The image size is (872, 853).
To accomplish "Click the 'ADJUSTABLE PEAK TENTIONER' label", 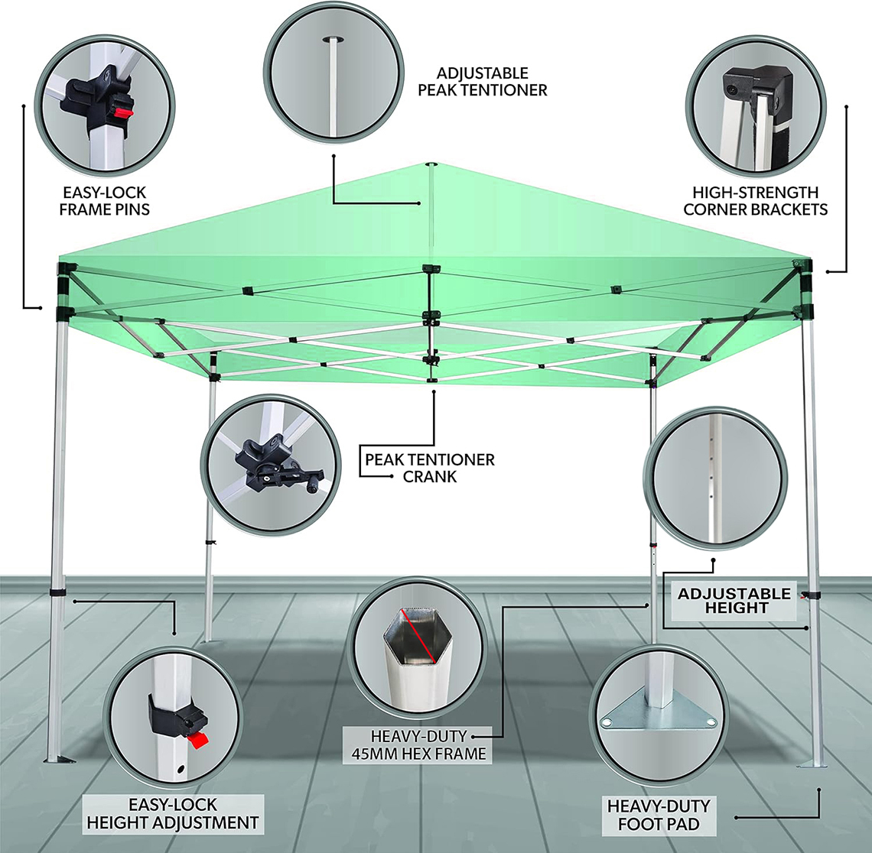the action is pyautogui.click(x=482, y=82).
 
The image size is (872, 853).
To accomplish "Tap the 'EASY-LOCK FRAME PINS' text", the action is pyautogui.click(x=105, y=200).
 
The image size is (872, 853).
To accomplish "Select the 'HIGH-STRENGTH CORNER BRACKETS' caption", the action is pyautogui.click(x=755, y=200).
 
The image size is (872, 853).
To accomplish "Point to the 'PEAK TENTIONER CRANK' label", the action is pyautogui.click(x=429, y=468).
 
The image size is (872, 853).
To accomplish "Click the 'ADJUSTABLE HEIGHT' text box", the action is pyautogui.click(x=734, y=601).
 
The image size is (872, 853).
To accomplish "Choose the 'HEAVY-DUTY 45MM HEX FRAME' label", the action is pyautogui.click(x=418, y=744).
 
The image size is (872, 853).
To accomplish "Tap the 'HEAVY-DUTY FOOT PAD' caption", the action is pyautogui.click(x=659, y=815).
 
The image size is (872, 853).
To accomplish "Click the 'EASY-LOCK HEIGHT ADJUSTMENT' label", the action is pyautogui.click(x=173, y=813).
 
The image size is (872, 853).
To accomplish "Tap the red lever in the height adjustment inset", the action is pyautogui.click(x=198, y=741).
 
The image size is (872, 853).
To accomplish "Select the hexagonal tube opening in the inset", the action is pyautogui.click(x=418, y=636).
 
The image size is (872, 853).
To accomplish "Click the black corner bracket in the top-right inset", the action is pyautogui.click(x=759, y=89).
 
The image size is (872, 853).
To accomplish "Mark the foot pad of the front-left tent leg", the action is pyautogui.click(x=60, y=759).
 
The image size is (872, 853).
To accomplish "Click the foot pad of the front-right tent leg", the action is pyautogui.click(x=812, y=764).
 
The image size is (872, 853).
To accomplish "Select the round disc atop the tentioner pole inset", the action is pyautogui.click(x=332, y=39).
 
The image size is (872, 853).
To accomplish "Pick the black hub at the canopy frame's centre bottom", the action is pyautogui.click(x=431, y=380).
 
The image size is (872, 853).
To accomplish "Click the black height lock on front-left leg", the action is pyautogui.click(x=57, y=592).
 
